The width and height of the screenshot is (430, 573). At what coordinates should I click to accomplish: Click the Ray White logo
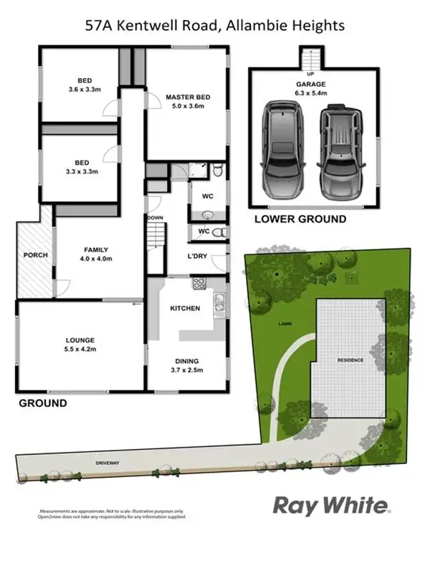click(x=332, y=506)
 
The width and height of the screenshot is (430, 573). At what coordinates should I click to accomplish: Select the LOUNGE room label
click(x=80, y=340)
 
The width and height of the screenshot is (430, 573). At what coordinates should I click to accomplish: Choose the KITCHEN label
click(x=184, y=308)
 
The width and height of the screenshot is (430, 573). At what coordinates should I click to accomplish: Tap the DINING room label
click(x=185, y=361)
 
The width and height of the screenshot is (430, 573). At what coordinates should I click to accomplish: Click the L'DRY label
click(x=197, y=256)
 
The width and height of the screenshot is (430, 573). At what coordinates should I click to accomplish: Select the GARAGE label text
click(x=311, y=84)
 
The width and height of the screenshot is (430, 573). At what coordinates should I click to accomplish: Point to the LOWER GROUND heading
click(x=300, y=219)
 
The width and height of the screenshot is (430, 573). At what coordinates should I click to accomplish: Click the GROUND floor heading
click(x=43, y=403)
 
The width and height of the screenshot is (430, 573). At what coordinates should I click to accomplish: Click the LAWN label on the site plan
click(x=285, y=324)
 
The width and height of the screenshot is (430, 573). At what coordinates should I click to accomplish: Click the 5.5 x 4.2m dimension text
click(x=80, y=349)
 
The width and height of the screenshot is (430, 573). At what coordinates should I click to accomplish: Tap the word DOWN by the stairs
click(x=156, y=217)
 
